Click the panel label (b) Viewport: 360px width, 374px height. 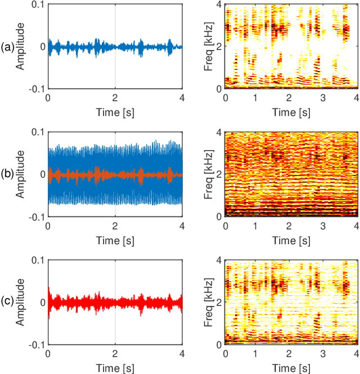pyautogui.click(x=8, y=174)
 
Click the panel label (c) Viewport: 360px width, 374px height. pyautogui.click(x=8, y=301)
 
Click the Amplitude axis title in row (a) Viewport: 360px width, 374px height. pyautogui.click(x=21, y=46)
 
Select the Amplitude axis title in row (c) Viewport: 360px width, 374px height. pyautogui.click(x=21, y=301)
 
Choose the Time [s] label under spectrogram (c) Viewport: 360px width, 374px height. pyautogui.click(x=291, y=367)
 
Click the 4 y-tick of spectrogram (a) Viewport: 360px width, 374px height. pyautogui.click(x=219, y=4)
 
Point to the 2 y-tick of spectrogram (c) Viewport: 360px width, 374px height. pyautogui.click(x=219, y=301)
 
